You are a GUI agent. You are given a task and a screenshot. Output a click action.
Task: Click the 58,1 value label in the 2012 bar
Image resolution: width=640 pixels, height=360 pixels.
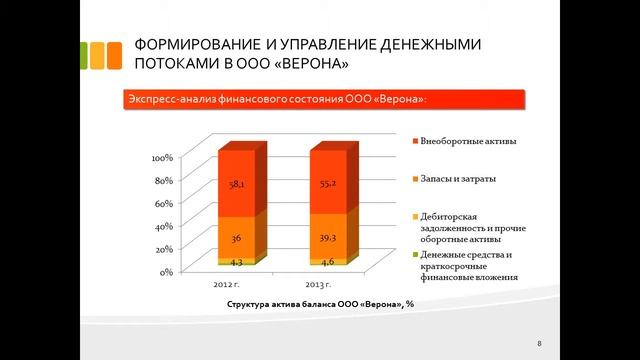[x=237, y=186]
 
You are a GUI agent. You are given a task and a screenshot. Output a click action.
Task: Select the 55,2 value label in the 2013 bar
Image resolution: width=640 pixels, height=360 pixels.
[x=327, y=186]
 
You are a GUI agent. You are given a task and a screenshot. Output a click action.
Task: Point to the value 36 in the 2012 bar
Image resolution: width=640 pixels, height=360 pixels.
[x=236, y=239]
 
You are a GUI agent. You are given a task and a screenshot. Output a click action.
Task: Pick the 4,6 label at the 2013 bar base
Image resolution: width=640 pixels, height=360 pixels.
[x=327, y=261]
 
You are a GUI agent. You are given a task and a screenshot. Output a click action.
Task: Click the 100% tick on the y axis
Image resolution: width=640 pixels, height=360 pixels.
[x=163, y=158]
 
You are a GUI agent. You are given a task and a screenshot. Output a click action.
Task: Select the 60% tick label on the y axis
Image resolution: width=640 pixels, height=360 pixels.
[x=165, y=203]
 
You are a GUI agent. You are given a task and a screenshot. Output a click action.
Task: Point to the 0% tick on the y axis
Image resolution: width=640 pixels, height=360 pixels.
[x=168, y=271]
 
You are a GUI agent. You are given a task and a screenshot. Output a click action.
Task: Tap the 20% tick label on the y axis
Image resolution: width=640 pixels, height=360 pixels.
[x=165, y=249]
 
